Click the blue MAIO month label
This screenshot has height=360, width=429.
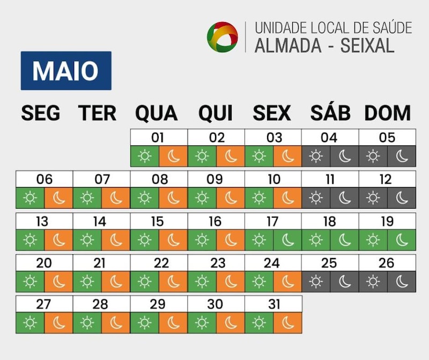66,70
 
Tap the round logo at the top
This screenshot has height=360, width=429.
223,36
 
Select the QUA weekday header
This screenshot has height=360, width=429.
156,113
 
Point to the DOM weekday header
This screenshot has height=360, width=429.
387,113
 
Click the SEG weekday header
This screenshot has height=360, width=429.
41,113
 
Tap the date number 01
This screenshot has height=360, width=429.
158,138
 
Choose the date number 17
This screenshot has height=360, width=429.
272,221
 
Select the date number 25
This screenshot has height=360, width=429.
329,263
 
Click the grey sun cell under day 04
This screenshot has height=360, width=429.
316,156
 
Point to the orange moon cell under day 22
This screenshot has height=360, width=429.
173,281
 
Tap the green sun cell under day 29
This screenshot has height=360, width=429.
144,323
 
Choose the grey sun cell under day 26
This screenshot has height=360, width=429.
373,281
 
